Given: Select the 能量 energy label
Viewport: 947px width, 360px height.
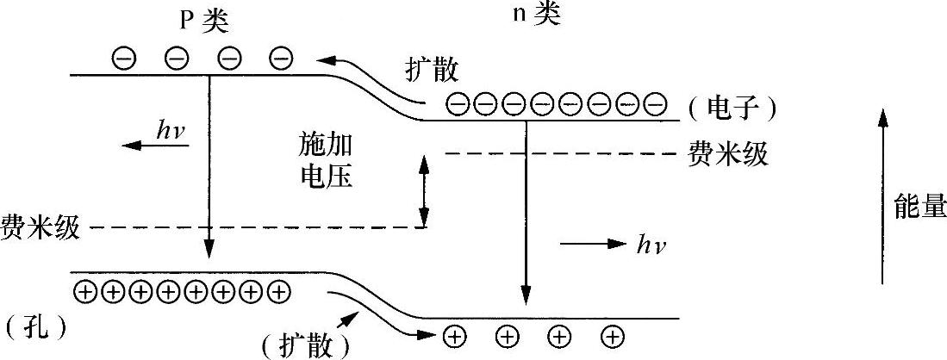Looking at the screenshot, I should point(920,208).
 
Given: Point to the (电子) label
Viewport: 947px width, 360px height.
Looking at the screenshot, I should point(733,109).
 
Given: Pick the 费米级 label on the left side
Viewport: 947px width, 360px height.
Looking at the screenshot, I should point(40,227).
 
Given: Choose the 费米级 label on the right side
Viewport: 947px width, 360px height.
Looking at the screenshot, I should point(727,155).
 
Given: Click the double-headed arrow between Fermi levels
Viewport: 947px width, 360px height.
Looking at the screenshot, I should point(423,190).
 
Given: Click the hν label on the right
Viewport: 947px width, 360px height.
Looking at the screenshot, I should point(650,246).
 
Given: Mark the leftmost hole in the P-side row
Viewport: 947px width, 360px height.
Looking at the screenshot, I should point(85,292).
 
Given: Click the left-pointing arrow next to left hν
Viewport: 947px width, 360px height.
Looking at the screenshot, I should point(154,145).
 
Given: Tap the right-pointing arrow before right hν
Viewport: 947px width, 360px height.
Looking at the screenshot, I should point(594,245).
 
